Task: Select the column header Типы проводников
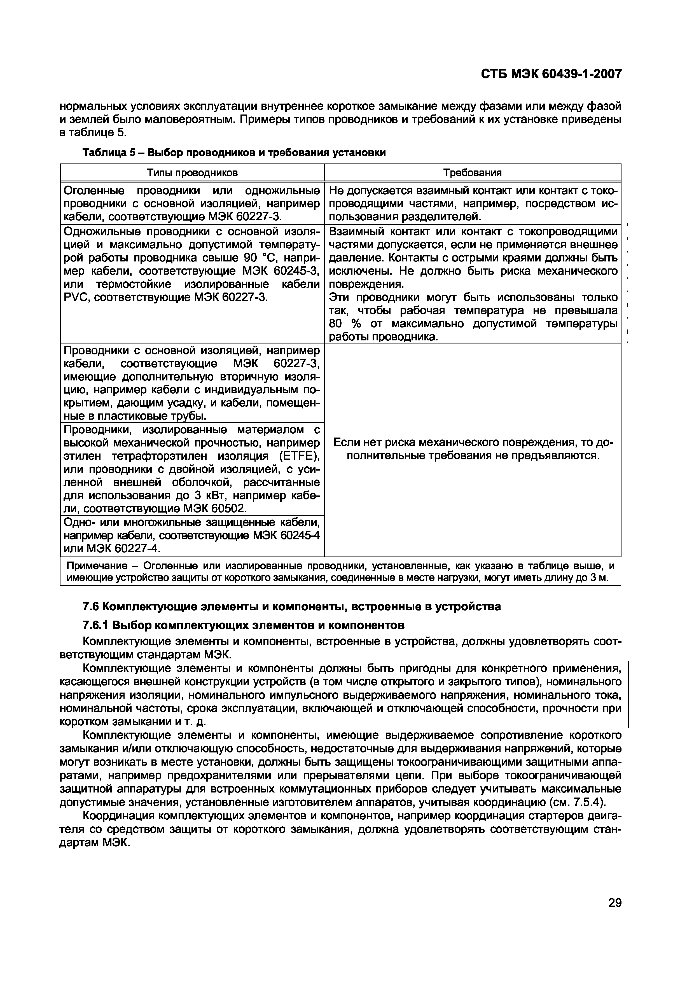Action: click(x=192, y=173)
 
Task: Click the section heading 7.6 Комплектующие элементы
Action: click(x=291, y=607)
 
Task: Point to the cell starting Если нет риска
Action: click(x=473, y=449)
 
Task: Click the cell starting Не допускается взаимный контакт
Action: click(x=473, y=204)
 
